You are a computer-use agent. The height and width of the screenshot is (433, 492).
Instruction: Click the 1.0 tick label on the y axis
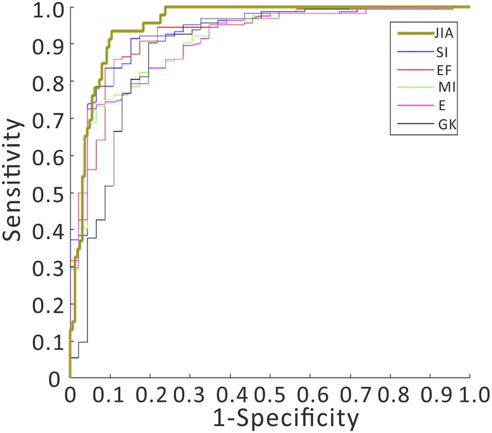(x=47, y=8)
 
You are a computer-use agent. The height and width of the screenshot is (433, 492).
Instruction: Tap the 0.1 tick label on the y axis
(x=47, y=341)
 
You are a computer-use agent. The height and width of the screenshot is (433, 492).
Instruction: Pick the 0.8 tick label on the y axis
(x=47, y=82)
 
